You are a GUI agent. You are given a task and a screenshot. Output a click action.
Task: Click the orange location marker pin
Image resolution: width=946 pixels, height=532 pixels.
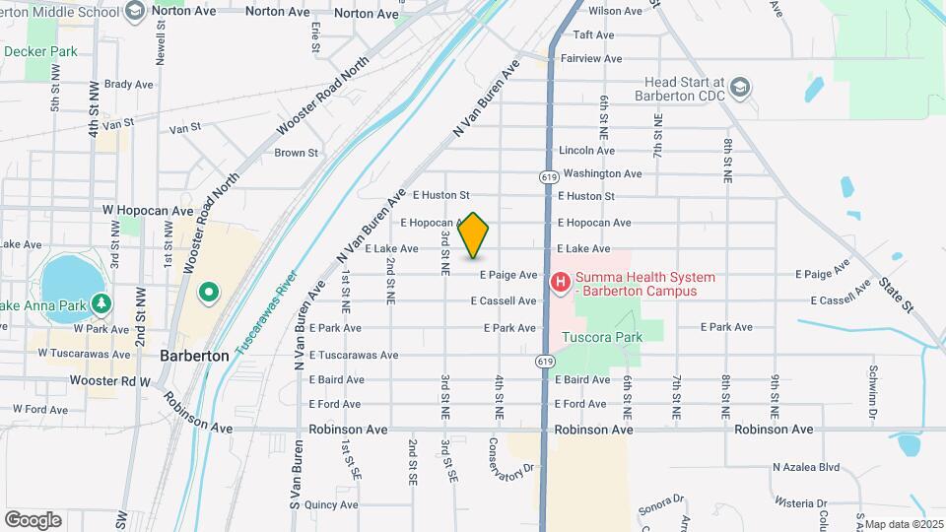click(x=474, y=234)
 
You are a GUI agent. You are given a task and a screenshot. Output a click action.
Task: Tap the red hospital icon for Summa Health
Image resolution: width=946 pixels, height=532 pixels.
click(x=561, y=284)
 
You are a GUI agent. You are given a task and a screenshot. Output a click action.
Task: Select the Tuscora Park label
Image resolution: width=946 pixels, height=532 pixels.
click(x=601, y=337)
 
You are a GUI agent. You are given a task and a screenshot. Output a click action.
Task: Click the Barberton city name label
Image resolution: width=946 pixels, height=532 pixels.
click(x=194, y=355)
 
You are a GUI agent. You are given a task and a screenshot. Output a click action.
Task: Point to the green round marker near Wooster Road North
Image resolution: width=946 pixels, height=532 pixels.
click(x=208, y=293)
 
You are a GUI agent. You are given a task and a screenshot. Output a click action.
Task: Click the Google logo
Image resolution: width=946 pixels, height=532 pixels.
click(x=33, y=520)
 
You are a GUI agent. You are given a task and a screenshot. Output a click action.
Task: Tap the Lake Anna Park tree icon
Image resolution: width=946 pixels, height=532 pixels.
click(x=100, y=304)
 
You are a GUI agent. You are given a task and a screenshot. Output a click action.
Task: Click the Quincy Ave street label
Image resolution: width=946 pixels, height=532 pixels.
click(x=331, y=504)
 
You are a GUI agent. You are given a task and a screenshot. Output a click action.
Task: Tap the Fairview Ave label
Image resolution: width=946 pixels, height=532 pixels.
click(x=591, y=59)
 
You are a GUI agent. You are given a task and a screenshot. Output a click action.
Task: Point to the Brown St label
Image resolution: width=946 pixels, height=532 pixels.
click(x=296, y=153)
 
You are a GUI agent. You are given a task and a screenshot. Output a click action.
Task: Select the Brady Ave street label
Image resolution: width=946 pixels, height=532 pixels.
click(x=128, y=85)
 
